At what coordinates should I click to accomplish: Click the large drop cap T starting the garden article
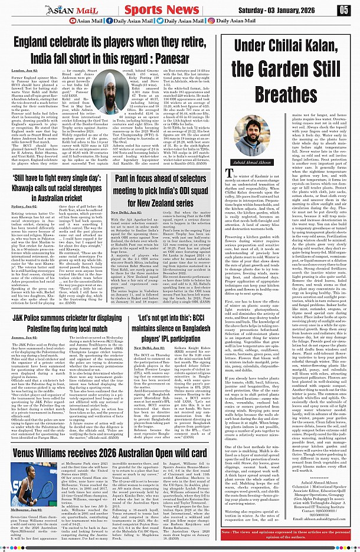(230, 172)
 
